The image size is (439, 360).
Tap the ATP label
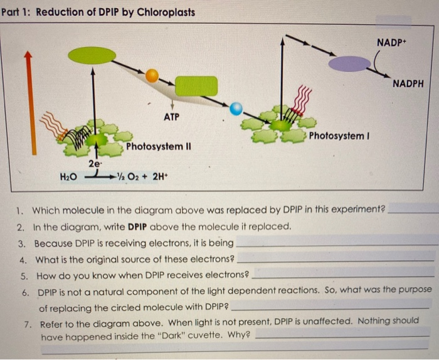click(x=172, y=117)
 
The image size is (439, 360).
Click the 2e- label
click(x=95, y=164)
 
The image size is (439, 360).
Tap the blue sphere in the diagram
click(x=236, y=109)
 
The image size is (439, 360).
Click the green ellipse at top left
click(x=92, y=55)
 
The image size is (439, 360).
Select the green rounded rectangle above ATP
click(x=196, y=86)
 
